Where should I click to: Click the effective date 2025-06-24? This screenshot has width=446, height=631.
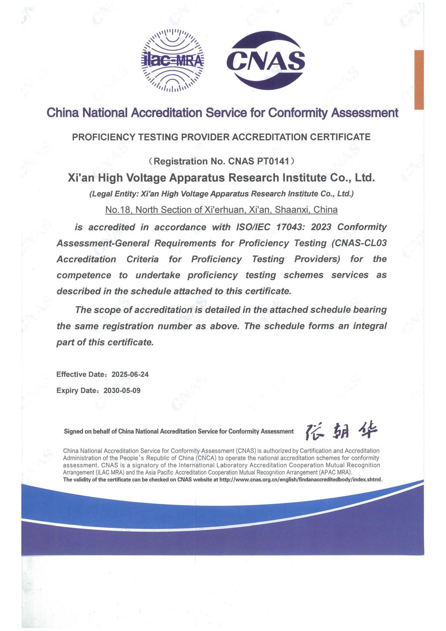pyautogui.click(x=130, y=374)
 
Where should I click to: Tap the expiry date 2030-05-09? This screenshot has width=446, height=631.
pyautogui.click(x=122, y=390)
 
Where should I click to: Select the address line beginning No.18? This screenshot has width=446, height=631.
pyautogui.click(x=221, y=210)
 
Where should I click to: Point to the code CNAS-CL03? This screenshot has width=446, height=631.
pyautogui.click(x=361, y=243)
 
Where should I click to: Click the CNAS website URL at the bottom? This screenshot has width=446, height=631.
pyautogui.click(x=301, y=480)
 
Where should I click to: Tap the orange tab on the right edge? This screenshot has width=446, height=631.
pyautogui.click(x=419, y=79)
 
